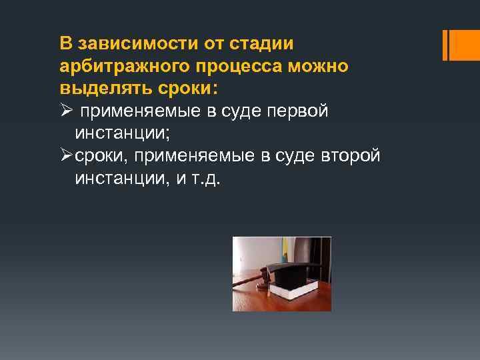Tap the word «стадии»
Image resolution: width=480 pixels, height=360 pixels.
pyautogui.click(x=261, y=45)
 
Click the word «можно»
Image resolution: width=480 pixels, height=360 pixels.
pyautogui.click(x=322, y=67)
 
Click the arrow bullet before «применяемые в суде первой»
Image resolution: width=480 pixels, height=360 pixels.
pyautogui.click(x=65, y=112)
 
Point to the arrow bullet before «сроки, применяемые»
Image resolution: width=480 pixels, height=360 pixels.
pyautogui.click(x=65, y=157)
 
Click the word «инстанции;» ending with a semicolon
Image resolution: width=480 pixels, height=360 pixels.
pyautogui.click(x=123, y=134)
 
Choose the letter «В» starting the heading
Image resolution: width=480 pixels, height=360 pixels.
pyautogui.click(x=65, y=45)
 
